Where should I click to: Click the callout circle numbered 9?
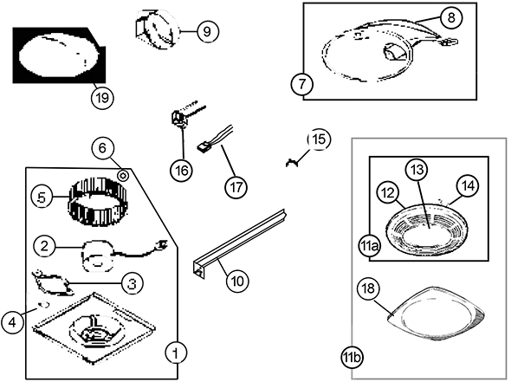tap(208, 31)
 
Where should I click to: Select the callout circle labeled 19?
tap(102, 98)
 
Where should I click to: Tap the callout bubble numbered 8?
tap(451, 17)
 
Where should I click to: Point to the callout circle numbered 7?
tap(302, 84)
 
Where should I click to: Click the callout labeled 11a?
tap(369, 247)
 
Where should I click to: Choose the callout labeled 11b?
tap(352, 358)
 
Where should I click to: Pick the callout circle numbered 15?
tap(319, 139)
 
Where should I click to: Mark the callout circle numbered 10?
tap(237, 281)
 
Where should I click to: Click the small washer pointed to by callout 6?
tap(123, 176)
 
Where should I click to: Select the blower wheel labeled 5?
tap(98, 201)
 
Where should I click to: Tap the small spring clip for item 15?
tap(292, 162)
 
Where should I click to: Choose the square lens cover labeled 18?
tap(436, 314)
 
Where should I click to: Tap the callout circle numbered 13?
tap(417, 170)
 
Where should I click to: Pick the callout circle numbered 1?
tap(176, 353)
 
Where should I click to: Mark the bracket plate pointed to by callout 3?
tap(53, 282)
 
